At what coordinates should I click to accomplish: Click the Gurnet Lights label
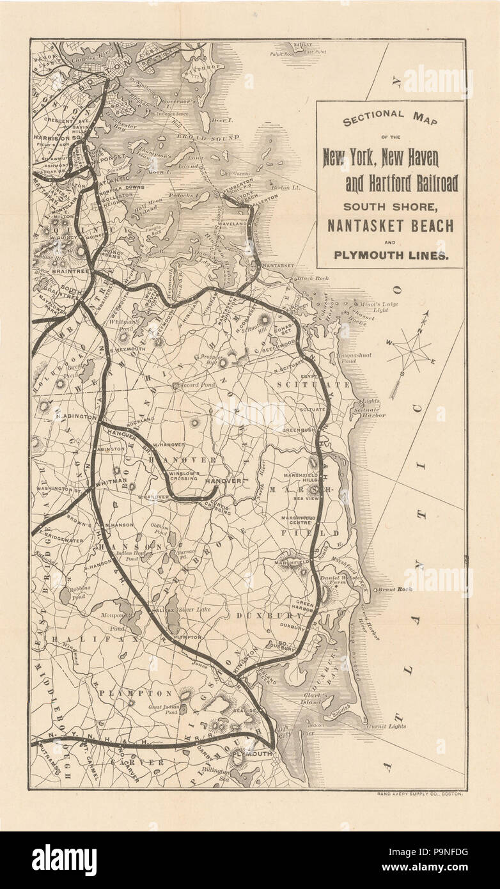pyautogui.click(x=386, y=727)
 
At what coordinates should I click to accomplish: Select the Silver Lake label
pyautogui.click(x=194, y=610)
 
